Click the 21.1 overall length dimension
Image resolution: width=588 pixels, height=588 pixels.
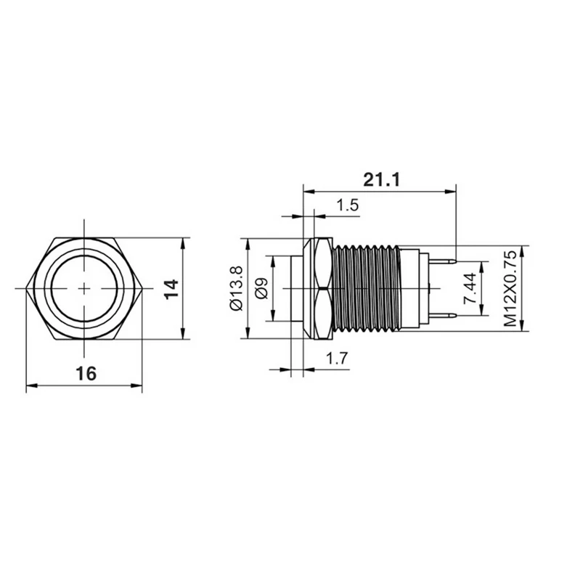[382, 180]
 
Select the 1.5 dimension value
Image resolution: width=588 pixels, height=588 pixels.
[347, 205]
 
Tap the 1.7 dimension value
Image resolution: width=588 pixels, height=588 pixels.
[337, 359]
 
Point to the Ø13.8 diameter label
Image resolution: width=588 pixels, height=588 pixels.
[237, 288]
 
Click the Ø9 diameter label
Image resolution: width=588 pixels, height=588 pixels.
[262, 288]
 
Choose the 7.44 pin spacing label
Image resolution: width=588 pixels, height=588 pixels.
[470, 288]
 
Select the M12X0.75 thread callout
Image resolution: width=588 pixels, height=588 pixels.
[510, 288]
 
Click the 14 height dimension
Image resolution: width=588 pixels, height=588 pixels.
[172, 289]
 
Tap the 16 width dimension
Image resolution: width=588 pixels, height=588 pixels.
[86, 374]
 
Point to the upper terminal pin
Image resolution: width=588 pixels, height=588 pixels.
[443, 261]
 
